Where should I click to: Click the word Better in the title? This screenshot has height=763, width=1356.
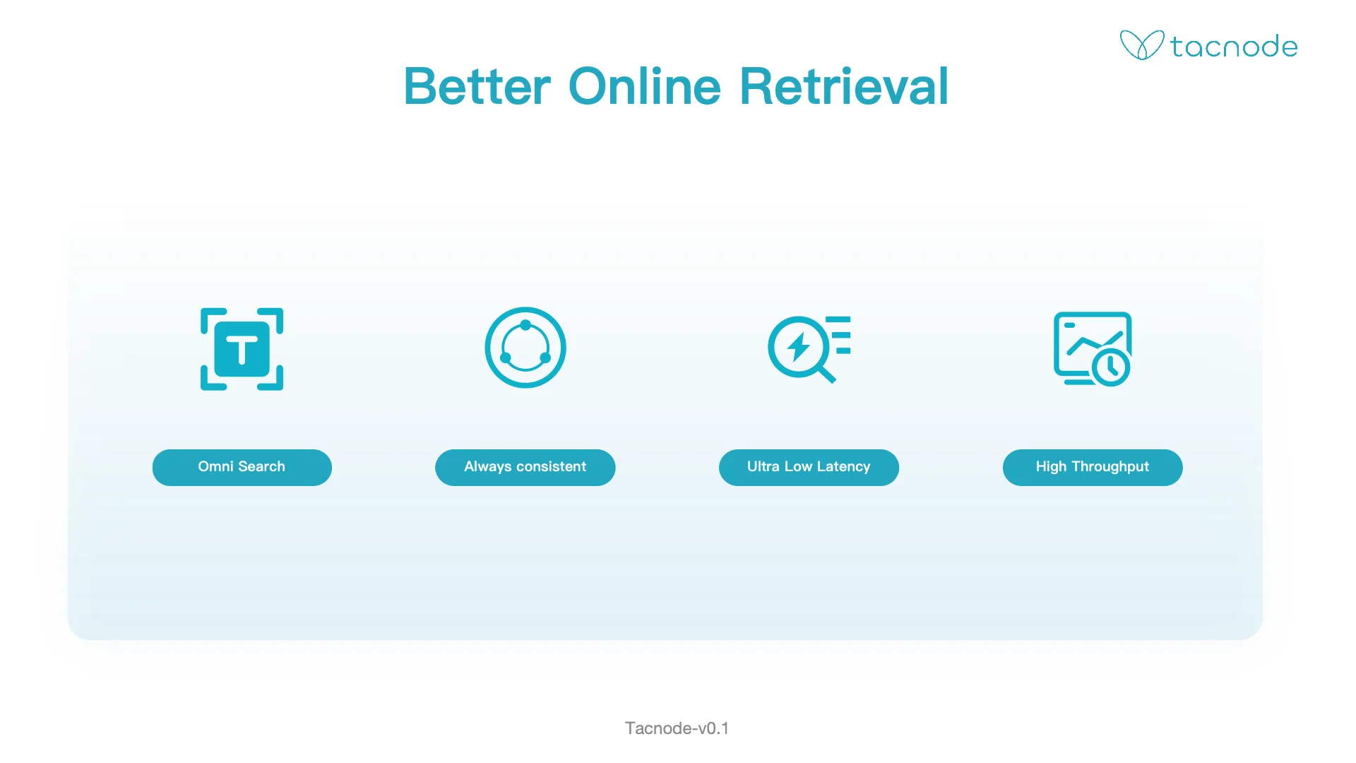coord(477,87)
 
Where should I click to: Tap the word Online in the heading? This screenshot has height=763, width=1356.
coord(645,87)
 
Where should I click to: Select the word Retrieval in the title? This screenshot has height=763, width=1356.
coord(844,87)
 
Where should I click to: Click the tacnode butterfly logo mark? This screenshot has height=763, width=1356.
coord(1141,45)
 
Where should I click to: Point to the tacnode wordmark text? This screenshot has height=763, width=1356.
coord(1234,47)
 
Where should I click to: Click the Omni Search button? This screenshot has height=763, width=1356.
coord(242,467)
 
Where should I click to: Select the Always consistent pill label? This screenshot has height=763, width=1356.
coord(525,467)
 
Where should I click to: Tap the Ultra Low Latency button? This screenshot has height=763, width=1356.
coord(809,467)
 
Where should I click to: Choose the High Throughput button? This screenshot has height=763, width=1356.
coord(1093,467)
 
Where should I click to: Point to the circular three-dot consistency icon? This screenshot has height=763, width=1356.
coord(525,348)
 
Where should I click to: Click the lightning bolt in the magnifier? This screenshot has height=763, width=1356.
coord(799,347)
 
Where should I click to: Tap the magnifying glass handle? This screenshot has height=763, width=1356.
coord(826,374)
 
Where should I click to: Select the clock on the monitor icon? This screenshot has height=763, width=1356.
coord(1111,367)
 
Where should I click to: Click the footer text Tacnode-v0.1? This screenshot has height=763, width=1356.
coord(677,728)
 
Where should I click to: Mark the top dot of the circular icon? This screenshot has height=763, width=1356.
coord(525,326)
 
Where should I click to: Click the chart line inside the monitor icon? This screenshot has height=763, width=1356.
coord(1094,343)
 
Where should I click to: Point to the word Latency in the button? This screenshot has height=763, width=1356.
coord(843,467)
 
